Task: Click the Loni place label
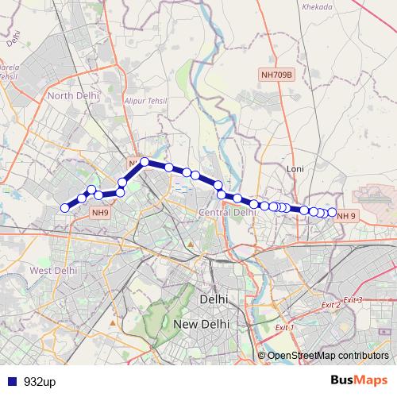(295, 169)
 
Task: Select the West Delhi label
(53, 270)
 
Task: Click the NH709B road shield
(276, 74)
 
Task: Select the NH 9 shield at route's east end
(346, 215)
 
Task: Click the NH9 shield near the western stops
(100, 212)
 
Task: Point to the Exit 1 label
(283, 328)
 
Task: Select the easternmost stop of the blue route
(332, 212)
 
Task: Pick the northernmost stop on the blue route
(145, 162)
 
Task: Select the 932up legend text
(39, 381)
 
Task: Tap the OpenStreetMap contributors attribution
(328, 355)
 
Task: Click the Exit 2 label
(331, 305)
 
